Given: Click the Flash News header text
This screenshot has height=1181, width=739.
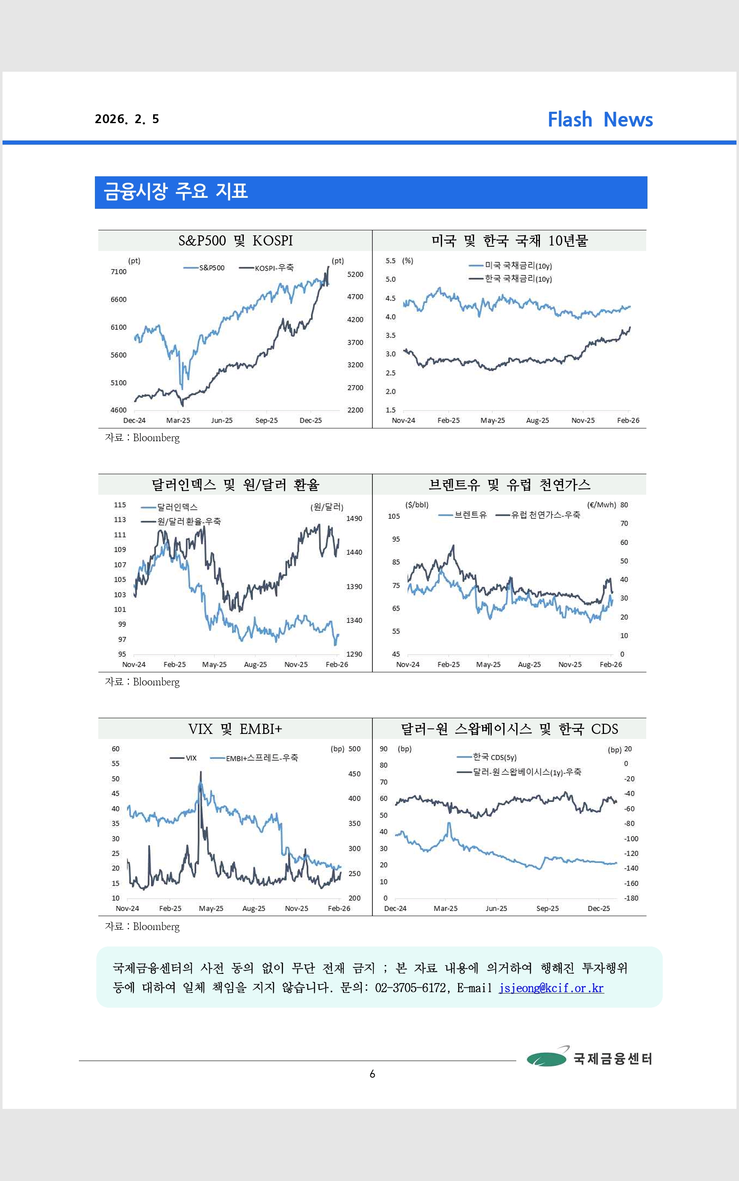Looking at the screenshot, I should click(600, 119).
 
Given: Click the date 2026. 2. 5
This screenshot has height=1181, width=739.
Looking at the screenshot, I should click(127, 119).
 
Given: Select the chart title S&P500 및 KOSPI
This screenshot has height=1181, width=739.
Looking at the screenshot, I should click(235, 240).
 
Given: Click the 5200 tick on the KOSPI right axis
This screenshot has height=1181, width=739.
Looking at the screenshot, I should click(355, 275).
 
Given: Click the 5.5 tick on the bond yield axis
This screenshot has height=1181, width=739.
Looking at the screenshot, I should click(390, 261).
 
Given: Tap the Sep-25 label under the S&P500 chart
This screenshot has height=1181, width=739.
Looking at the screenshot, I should click(267, 420).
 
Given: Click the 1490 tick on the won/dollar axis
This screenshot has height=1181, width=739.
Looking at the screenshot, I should click(354, 518).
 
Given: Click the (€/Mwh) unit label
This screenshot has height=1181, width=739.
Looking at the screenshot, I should click(601, 505).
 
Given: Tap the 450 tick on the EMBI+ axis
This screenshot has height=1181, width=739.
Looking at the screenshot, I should click(354, 774).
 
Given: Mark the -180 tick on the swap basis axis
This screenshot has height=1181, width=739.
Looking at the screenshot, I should click(631, 898).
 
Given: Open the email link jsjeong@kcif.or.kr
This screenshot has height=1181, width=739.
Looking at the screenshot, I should click(551, 988).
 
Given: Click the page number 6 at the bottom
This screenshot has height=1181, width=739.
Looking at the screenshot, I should click(372, 1073).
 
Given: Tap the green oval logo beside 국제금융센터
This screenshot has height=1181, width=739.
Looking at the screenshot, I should click(546, 1058).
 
